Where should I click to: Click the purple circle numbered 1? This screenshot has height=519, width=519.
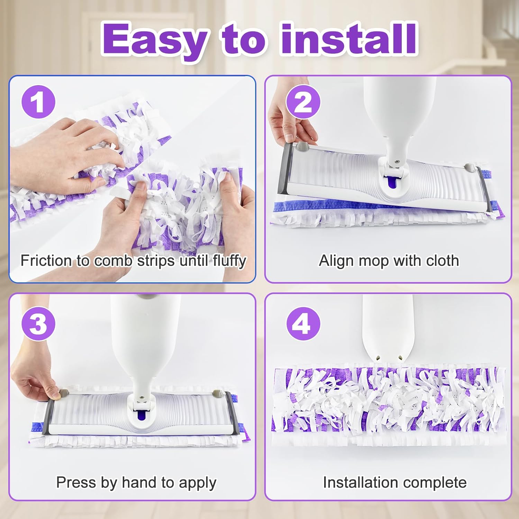(x=38, y=102)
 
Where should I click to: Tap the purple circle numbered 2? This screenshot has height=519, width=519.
(x=303, y=102)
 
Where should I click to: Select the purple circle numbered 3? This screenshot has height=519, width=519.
(x=38, y=324)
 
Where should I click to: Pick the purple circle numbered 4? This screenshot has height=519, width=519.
(x=303, y=324)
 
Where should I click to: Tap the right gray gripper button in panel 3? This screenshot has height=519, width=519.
(x=217, y=393)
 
